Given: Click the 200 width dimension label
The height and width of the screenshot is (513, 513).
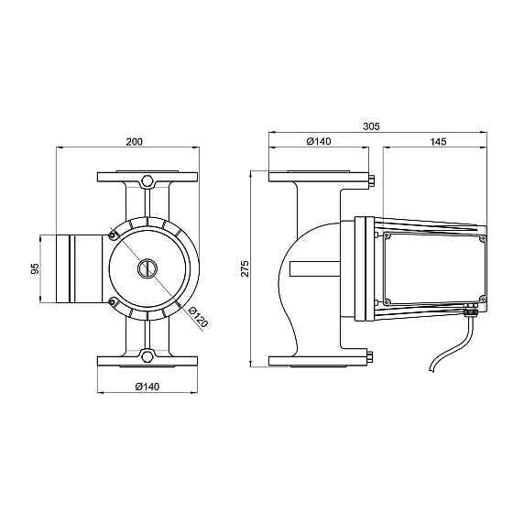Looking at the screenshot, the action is click(x=134, y=142).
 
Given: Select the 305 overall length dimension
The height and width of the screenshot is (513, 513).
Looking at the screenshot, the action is click(x=371, y=126).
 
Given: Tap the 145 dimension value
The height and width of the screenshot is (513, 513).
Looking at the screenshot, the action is click(x=438, y=142).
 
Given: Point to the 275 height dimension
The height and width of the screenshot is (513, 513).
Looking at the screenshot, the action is click(x=245, y=268).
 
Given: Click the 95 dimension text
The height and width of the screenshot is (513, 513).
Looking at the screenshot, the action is click(x=35, y=268).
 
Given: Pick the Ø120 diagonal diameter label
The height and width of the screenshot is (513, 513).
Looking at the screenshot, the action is click(x=198, y=317).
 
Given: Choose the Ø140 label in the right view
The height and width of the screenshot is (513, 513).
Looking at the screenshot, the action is click(x=319, y=141).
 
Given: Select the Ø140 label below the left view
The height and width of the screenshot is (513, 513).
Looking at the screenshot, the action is click(x=147, y=387).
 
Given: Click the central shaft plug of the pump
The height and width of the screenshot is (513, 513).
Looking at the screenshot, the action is click(x=147, y=268).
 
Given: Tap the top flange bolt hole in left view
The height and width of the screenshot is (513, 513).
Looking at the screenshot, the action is click(x=147, y=181).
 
